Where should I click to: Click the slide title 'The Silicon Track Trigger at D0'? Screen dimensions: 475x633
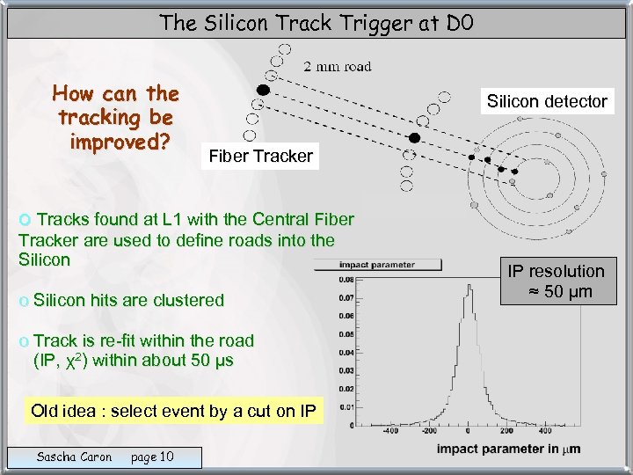[x=316, y=22]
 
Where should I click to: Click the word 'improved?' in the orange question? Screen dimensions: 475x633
[x=115, y=142]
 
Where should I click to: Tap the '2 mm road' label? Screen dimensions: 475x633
[x=338, y=66]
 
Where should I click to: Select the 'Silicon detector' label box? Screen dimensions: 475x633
[x=548, y=101]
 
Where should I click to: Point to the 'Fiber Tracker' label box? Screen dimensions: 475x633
[x=260, y=157]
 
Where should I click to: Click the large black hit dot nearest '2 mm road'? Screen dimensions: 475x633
[x=262, y=90]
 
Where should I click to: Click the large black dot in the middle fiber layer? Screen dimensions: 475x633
[x=414, y=137]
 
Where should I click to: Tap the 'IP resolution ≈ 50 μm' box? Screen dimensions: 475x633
[x=554, y=281]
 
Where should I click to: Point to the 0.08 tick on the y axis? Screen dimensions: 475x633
[x=348, y=280]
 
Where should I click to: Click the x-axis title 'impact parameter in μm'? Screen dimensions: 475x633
[x=508, y=450]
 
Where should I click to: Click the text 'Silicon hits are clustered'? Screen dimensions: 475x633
[x=128, y=300]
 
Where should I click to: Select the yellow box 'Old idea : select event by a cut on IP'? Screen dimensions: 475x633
[x=173, y=411]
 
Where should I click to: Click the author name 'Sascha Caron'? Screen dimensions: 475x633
[x=74, y=457]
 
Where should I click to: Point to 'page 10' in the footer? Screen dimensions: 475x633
[x=152, y=457]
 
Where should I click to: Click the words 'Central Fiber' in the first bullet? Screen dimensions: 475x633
[x=303, y=219]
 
